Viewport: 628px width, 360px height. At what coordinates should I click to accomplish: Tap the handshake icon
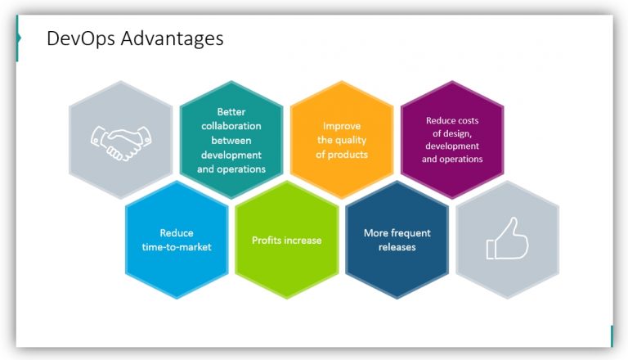point(120,142)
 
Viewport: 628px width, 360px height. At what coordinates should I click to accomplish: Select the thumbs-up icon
point(507,239)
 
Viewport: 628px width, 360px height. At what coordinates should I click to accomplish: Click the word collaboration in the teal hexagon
point(231,126)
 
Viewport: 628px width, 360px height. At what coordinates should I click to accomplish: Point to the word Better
point(231,112)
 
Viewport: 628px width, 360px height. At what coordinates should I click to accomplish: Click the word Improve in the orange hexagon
point(342,126)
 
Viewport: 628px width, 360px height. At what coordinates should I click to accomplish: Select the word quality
point(353,140)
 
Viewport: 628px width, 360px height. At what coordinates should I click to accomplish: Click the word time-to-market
point(177,246)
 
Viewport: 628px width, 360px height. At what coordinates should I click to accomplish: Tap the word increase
point(303,241)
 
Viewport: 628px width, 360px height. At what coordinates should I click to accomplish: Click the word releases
point(397,247)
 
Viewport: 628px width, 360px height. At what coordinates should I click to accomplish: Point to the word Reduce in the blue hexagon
point(177,233)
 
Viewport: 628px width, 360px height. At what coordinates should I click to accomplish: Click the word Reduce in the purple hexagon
point(440,120)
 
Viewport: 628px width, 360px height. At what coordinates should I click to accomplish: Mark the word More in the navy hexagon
point(376,233)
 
